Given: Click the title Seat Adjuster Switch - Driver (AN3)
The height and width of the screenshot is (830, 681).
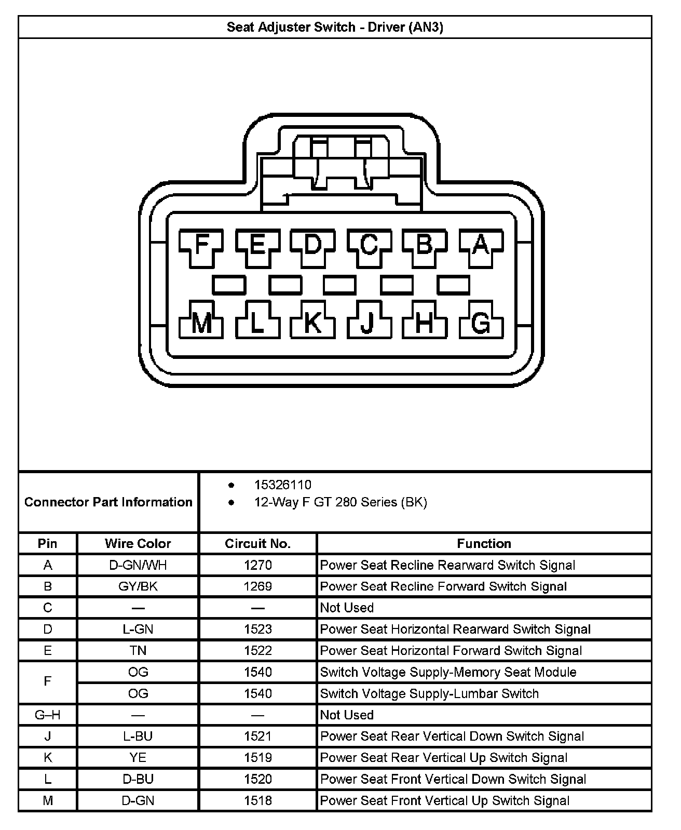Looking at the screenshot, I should pyautogui.click(x=335, y=27).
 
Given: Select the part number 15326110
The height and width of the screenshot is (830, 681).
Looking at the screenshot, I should pyautogui.click(x=283, y=485).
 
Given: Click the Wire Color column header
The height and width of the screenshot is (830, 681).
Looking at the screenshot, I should pyautogui.click(x=138, y=543).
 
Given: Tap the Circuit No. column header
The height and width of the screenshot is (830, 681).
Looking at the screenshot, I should pyautogui.click(x=257, y=543).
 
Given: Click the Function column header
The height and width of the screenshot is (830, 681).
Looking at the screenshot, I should pyautogui.click(x=484, y=543).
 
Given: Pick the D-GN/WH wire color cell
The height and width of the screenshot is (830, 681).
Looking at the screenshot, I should pyautogui.click(x=138, y=565).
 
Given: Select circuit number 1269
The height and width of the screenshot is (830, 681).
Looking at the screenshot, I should pyautogui.click(x=257, y=586).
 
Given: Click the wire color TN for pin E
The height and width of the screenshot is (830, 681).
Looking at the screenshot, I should pyautogui.click(x=138, y=650).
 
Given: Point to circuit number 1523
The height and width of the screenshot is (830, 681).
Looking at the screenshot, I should pyautogui.click(x=257, y=629).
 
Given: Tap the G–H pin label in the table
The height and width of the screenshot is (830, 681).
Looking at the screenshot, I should pyautogui.click(x=47, y=715).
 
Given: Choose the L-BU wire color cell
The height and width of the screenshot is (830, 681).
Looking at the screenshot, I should pyautogui.click(x=138, y=736).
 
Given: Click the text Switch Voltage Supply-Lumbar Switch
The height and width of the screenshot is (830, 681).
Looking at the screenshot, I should pyautogui.click(x=429, y=693).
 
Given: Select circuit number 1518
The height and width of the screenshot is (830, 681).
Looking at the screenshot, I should pyautogui.click(x=257, y=800).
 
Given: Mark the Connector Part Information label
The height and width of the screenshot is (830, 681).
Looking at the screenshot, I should pyautogui.click(x=108, y=502).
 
